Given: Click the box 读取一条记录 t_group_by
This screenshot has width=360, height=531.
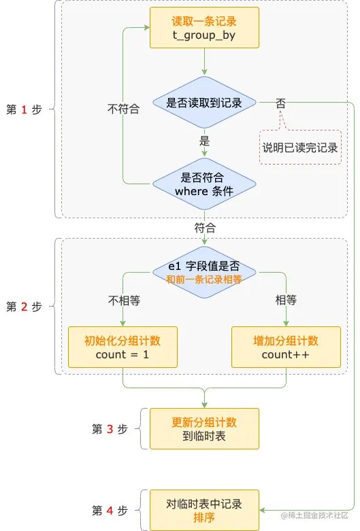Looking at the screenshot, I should [204, 28].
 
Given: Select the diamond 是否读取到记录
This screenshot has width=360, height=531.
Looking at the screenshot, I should [204, 103].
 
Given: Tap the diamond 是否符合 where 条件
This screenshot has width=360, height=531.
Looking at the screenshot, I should [204, 184].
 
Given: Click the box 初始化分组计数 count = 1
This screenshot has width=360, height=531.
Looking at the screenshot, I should [122, 347].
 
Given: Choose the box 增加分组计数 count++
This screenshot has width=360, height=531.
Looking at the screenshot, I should [286, 347].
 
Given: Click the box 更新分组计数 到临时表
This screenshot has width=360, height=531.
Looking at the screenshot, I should [204, 429].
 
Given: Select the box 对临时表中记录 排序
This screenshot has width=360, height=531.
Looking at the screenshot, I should [204, 511].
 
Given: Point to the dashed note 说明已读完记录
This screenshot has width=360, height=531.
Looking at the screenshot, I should [300, 148].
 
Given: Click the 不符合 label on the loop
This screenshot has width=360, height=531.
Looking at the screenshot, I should [123, 108].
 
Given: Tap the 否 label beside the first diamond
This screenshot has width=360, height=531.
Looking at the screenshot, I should [280, 103].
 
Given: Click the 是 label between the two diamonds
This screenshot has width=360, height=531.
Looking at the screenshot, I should [204, 142].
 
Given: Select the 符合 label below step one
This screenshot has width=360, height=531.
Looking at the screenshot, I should [205, 227].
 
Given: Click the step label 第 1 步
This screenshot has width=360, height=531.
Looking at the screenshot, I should [24, 109].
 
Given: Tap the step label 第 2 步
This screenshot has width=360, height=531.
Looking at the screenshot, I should [24, 307].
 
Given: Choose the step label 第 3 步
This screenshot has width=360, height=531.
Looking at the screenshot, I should [110, 429].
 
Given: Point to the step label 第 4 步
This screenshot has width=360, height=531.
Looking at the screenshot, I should [110, 510].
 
